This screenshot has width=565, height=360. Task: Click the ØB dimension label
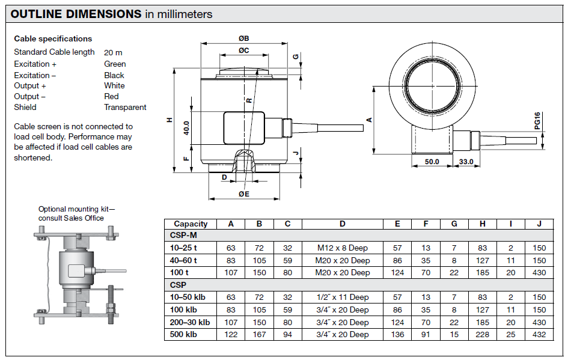pos(243,38)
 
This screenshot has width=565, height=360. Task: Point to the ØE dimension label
pos(243,194)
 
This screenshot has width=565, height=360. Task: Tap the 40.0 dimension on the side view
pos(187,128)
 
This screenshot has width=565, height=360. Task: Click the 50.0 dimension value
pos(432,162)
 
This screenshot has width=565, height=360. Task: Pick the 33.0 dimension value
pos(466,162)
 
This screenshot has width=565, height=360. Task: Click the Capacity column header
pos(191,224)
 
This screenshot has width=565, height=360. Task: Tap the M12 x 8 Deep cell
pos(342,248)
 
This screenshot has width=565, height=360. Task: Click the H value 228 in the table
pos(483,335)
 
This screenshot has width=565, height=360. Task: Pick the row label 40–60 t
pos(184,260)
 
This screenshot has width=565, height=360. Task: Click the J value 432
pos(539,335)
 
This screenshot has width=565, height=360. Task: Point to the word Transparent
pos(125,108)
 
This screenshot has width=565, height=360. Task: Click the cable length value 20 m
pos(113,52)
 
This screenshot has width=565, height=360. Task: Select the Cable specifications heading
pos(53,38)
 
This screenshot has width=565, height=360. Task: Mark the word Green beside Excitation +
pos(115,64)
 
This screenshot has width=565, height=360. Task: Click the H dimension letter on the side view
pos(169,120)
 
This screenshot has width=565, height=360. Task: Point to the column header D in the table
pos(342,224)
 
